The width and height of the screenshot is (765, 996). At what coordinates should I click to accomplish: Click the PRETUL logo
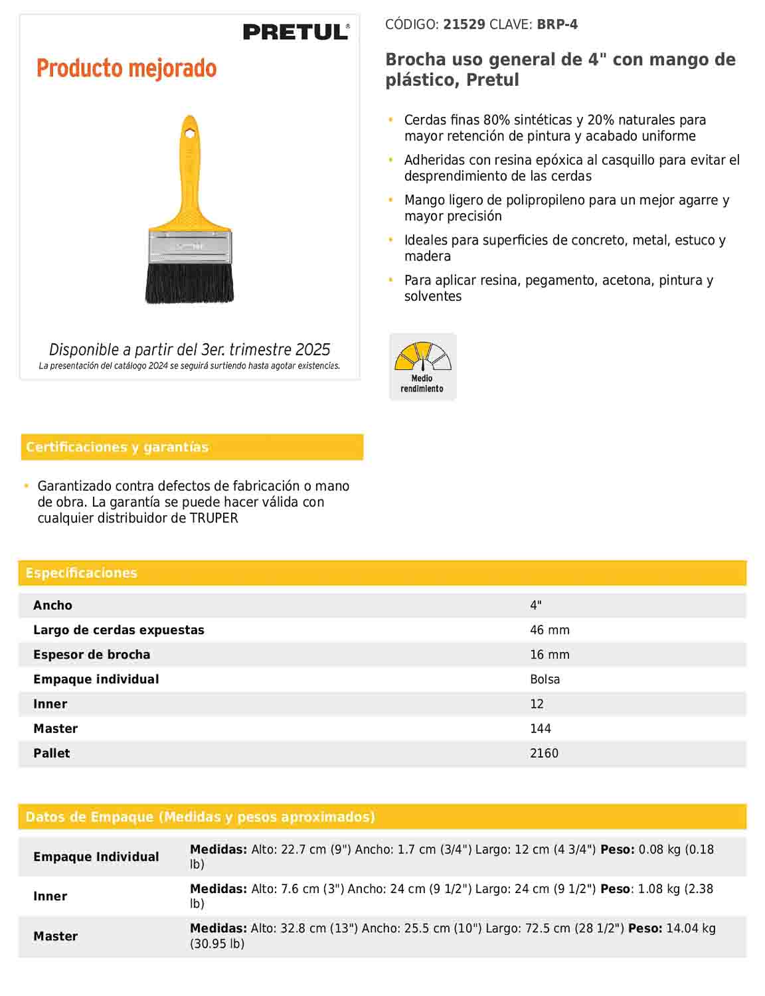(296, 32)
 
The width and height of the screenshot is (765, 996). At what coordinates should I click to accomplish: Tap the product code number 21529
(464, 25)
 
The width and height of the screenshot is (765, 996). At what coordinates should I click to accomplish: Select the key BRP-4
(557, 25)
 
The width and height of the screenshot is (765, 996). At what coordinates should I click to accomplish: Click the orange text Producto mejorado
(126, 68)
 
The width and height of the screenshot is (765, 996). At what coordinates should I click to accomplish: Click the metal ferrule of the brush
(190, 246)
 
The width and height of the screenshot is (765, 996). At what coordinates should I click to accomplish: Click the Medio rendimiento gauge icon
(422, 367)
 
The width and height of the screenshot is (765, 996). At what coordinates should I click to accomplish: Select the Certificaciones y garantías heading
(117, 447)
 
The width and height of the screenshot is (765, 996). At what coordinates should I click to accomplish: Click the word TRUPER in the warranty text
(214, 519)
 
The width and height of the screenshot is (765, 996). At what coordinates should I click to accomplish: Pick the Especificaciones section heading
(81, 573)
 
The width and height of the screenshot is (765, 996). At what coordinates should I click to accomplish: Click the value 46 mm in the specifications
(549, 630)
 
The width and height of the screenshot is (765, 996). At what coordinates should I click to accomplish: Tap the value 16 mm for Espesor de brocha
(549, 655)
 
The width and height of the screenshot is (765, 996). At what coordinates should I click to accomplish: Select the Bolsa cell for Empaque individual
(545, 679)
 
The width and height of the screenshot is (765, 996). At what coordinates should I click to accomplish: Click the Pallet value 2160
(544, 753)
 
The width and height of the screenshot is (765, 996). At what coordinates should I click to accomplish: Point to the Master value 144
(540, 728)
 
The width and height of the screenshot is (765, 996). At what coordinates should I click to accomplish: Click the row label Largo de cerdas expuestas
(119, 630)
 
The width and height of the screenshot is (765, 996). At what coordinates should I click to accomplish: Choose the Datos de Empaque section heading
(200, 817)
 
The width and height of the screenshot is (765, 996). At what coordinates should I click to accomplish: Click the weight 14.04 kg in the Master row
(691, 928)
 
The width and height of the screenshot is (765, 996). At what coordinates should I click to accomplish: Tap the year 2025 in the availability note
(313, 350)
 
